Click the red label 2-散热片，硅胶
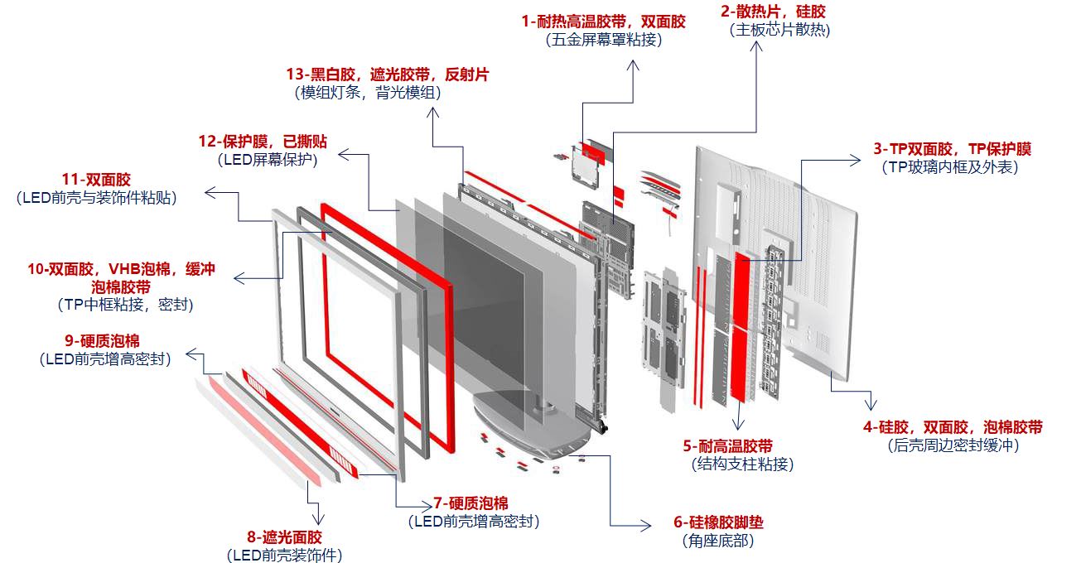tap(773, 12)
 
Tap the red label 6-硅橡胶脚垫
tap(718, 523)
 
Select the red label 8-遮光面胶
tap(284, 537)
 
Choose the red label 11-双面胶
tap(96, 180)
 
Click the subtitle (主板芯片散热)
tap(779, 31)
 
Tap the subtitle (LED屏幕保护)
tap(268, 160)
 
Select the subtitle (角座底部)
tap(717, 541)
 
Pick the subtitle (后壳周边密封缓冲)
tap(952, 445)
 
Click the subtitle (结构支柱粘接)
tap(741, 464)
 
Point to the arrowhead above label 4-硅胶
tap(870, 403)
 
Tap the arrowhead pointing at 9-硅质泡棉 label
tap(190, 354)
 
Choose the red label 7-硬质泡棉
tap(471, 503)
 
